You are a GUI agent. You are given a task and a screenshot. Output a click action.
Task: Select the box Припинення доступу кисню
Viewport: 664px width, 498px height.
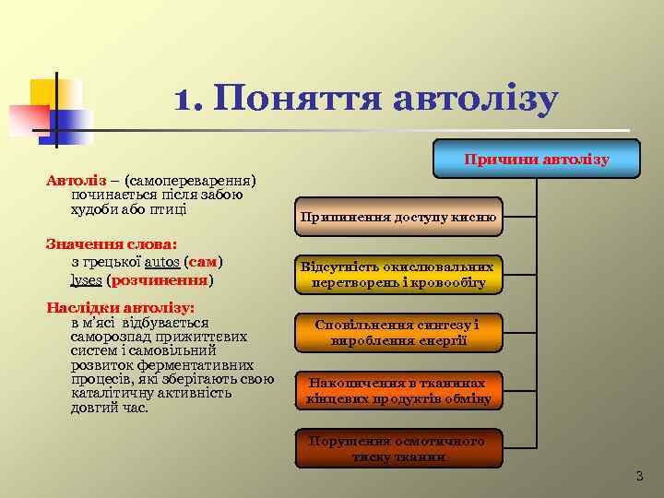[398, 218]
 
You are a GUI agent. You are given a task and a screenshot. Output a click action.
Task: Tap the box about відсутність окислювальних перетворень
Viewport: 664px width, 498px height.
[398, 275]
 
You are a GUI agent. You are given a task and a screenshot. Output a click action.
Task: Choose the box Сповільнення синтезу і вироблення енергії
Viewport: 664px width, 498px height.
[398, 332]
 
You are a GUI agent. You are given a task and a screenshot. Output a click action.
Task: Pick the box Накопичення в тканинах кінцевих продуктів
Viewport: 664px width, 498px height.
[398, 390]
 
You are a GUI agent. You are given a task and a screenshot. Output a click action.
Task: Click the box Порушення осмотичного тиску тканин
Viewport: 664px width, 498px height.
[398, 447]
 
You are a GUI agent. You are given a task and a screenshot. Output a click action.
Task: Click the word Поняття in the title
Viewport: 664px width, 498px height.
[295, 100]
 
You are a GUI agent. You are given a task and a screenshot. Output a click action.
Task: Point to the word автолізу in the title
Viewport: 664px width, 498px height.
[475, 100]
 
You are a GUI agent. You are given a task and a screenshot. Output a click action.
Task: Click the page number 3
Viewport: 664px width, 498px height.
[639, 476]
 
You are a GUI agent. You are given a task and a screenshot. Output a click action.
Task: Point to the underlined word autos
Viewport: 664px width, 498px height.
[163, 262]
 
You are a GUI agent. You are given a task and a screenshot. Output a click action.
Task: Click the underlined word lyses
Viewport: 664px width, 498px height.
[87, 279]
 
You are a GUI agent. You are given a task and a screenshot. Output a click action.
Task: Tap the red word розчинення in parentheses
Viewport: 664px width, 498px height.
[160, 279]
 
